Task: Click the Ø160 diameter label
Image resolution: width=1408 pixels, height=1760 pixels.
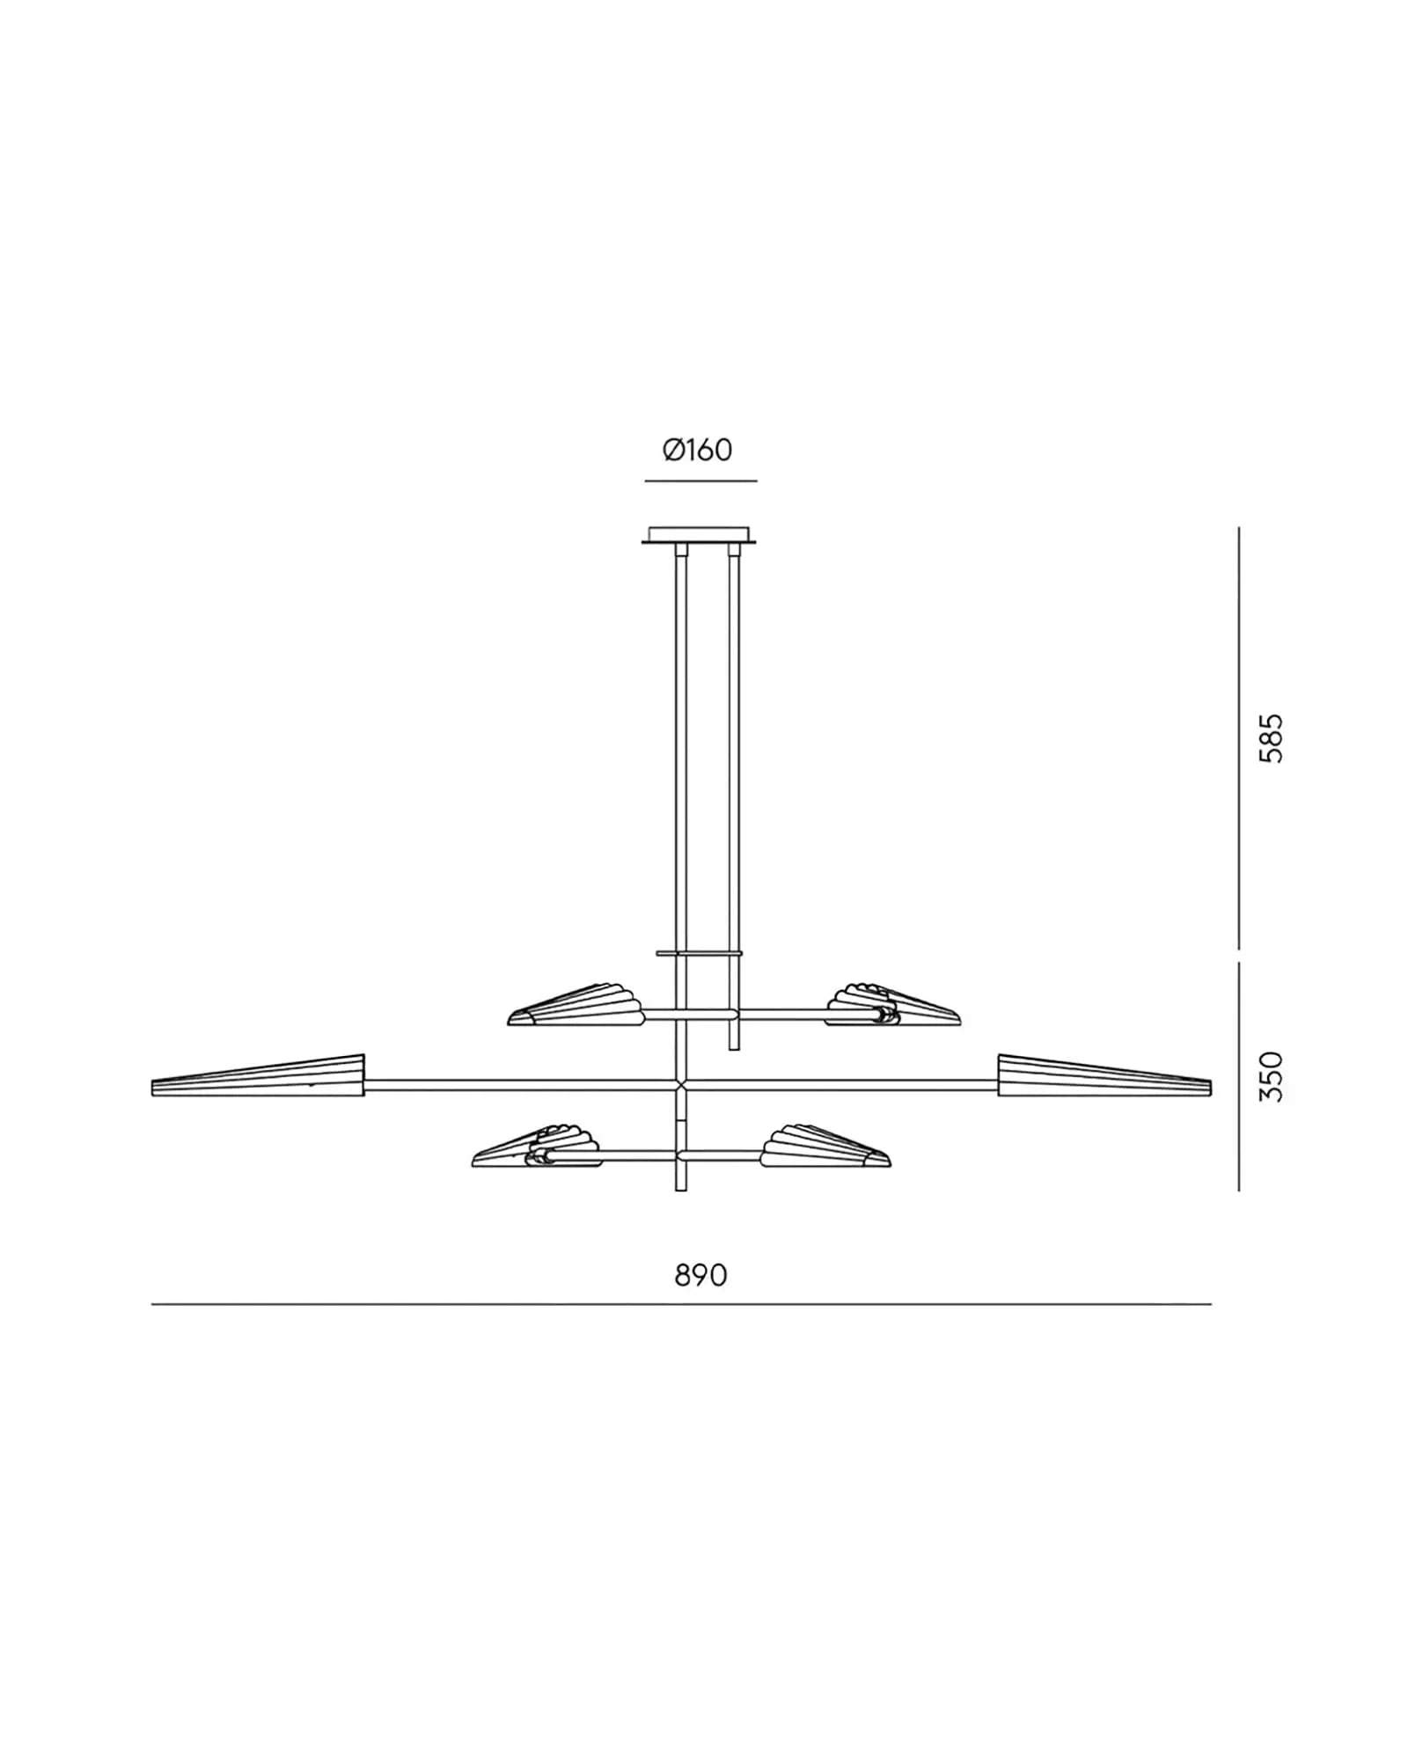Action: [697, 451]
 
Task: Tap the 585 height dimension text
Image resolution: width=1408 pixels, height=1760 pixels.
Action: [1271, 737]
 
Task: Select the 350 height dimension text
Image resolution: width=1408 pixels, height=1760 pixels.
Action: [1271, 1077]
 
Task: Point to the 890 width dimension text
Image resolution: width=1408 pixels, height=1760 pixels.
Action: [700, 1274]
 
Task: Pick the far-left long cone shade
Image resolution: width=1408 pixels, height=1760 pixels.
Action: [258, 1076]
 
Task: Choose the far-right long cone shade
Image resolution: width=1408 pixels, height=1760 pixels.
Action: [1104, 1075]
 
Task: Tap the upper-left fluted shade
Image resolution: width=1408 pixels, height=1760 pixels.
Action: [576, 1005]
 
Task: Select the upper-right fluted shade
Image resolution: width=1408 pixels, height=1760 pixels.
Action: [893, 1005]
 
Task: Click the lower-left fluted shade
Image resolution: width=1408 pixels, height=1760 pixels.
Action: [537, 1146]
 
